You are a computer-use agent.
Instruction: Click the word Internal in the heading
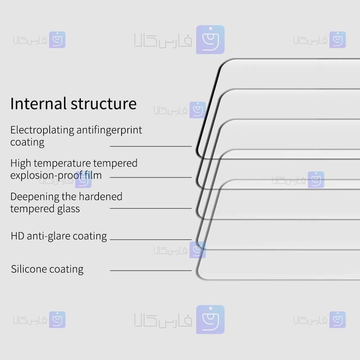coord(39,103)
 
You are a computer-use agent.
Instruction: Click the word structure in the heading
coord(103,104)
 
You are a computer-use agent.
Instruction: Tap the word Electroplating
coord(42,130)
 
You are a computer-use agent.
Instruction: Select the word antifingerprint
coord(109,130)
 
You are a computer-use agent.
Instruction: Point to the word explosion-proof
coord(46,176)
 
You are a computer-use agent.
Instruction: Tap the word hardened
coord(100,197)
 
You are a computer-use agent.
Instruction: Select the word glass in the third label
coord(68,209)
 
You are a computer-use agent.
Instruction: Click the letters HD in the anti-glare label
coord(18,236)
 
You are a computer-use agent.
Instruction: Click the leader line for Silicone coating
coord(151,271)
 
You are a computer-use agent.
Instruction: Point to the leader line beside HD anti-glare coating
coord(151,239)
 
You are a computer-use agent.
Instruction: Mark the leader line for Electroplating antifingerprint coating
coord(151,146)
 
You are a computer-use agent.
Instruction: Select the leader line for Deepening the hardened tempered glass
coord(151,208)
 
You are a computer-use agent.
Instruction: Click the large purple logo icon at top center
coord(210,40)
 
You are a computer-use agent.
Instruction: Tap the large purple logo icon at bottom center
coord(210,319)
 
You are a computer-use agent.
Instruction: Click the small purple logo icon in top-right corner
coord(337,40)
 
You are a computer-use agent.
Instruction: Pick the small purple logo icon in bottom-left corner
coord(57,319)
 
